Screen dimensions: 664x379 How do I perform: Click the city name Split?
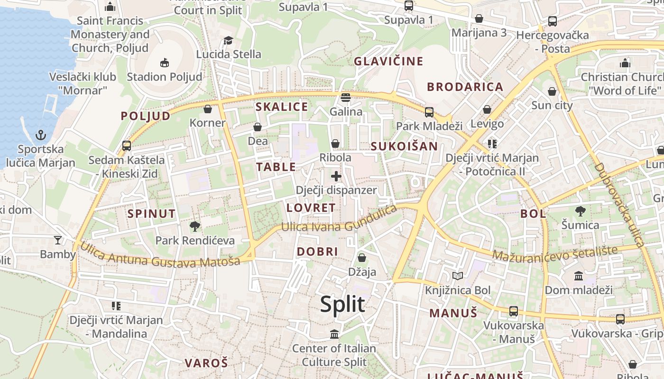point(342,304)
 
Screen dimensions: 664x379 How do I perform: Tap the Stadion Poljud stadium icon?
point(165,62)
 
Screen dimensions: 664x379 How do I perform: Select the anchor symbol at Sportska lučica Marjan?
point(41,135)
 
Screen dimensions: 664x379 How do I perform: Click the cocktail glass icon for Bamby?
point(58,240)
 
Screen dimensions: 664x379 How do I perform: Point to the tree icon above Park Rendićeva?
point(195,226)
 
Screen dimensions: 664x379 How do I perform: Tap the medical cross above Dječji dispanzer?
point(336,177)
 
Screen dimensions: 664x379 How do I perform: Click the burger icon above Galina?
point(346,98)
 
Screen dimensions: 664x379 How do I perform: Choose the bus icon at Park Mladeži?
point(429,112)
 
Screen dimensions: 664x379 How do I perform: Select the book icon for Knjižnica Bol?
point(457,276)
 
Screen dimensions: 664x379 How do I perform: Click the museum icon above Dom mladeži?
point(579,276)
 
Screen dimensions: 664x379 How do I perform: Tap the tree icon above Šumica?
point(580,211)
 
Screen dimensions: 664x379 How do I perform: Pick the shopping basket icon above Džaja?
point(362,258)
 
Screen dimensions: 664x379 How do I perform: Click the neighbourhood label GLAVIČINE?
point(388,61)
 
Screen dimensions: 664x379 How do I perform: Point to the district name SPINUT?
point(151,214)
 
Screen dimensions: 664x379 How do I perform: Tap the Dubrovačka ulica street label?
point(618,205)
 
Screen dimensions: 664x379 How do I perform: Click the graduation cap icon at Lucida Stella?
point(229,40)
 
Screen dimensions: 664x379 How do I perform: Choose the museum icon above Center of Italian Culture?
point(334,334)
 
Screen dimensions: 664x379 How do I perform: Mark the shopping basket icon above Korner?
point(207,109)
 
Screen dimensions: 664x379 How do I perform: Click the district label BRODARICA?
point(465,87)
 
